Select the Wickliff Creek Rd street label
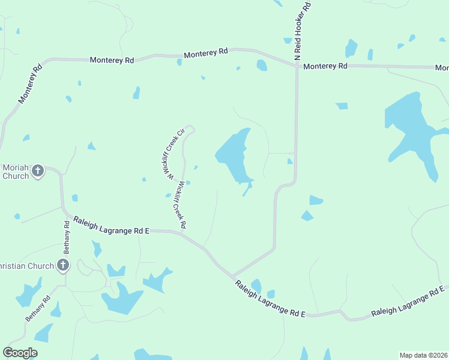[x=179, y=204]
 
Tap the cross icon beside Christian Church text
[x=63, y=265]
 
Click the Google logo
[x=20, y=353]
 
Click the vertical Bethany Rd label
[x=67, y=237]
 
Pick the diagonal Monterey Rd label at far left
[x=29, y=84]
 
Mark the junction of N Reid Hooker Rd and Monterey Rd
[x=297, y=65]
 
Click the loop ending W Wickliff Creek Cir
[x=190, y=129]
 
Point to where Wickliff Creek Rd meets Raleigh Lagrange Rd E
[x=182, y=233]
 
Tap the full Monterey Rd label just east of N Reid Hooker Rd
[x=325, y=66]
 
